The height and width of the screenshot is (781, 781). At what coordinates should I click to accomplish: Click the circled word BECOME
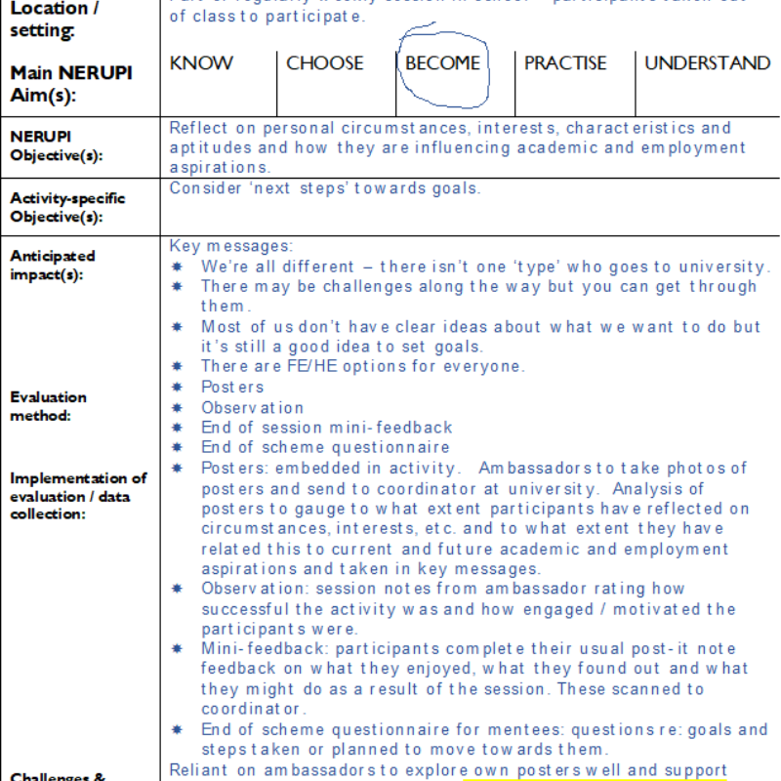click(x=442, y=63)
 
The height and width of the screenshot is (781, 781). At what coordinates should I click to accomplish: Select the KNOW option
click(x=201, y=63)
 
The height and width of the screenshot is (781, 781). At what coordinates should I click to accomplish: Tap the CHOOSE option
click(x=324, y=63)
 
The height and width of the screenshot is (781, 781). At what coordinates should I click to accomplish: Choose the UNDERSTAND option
click(x=707, y=63)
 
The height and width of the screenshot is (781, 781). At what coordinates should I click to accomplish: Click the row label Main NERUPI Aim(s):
click(x=70, y=83)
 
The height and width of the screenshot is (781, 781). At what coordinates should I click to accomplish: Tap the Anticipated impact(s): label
click(x=53, y=265)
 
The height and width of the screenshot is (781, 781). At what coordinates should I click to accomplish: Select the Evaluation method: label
click(x=48, y=406)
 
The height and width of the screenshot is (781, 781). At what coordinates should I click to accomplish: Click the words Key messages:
click(x=230, y=246)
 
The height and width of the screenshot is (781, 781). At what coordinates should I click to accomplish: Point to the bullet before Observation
click(x=178, y=408)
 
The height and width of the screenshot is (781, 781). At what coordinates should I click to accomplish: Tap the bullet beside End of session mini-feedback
click(x=178, y=428)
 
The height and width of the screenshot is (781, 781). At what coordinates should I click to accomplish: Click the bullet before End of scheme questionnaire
click(x=178, y=448)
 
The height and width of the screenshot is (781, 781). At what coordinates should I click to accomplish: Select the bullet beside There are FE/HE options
click(x=178, y=367)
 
